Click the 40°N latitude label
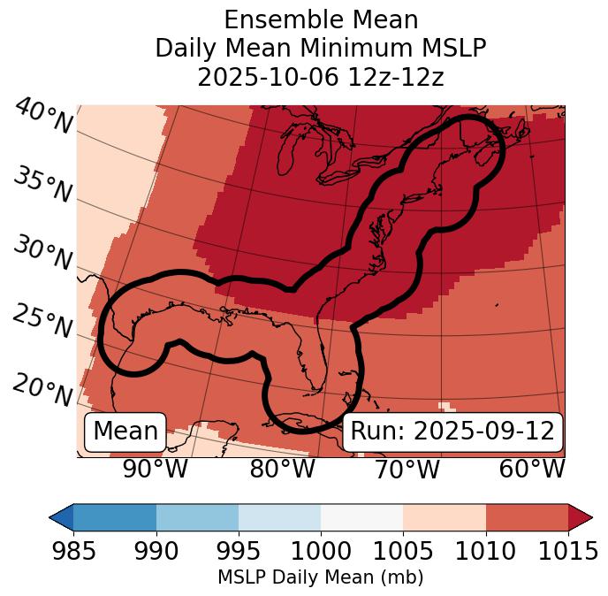coord(43,118)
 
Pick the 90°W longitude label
coord(156,469)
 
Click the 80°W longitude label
coord(283,469)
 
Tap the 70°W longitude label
coord(407,469)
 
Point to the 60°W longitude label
coord(532,469)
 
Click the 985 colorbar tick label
coord(73,551)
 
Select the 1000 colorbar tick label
coord(321,551)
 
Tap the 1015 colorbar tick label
coord(568,551)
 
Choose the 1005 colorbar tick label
coord(403,551)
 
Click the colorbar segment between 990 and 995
coord(197,516)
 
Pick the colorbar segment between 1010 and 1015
coord(527,516)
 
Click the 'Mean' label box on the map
coord(125,432)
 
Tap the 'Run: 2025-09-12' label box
coord(452,432)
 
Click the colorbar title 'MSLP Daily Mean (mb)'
coord(321,577)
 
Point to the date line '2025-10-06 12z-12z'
coord(321,77)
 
